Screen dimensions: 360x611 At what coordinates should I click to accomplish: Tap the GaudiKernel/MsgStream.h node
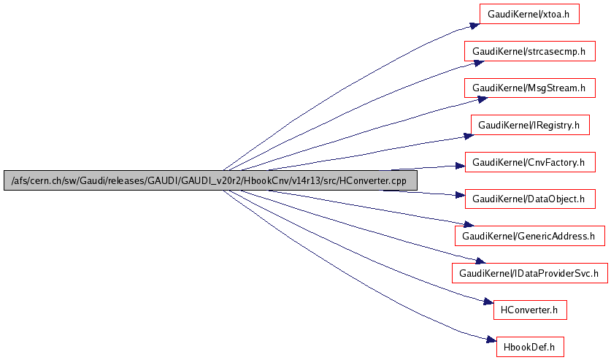529,88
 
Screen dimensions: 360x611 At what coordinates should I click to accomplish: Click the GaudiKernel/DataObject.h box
529,198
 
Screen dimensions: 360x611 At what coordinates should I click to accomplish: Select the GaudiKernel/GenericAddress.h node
529,235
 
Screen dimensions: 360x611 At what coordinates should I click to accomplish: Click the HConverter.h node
530,310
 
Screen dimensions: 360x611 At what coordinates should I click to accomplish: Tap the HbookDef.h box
530,347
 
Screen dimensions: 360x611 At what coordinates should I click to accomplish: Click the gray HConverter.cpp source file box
210,180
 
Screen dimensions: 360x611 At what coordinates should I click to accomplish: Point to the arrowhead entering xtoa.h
474,26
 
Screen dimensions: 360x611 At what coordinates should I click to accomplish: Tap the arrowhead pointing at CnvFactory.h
461,165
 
